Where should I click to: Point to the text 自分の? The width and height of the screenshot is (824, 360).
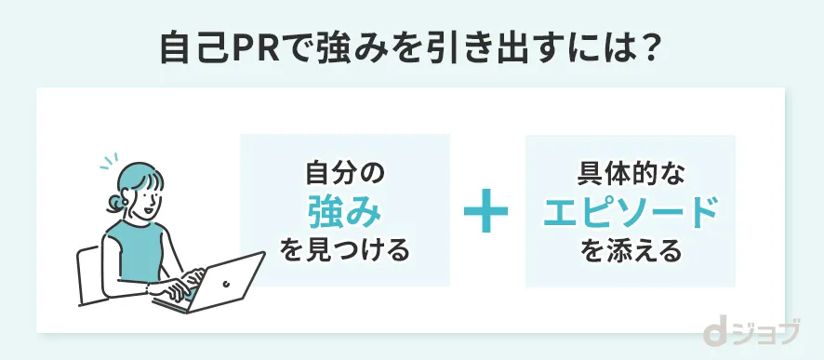coord(345,174)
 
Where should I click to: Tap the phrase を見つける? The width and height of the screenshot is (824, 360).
coord(345,251)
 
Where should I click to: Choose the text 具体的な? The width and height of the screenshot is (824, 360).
coord(631,174)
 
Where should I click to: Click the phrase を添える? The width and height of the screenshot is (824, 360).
coord(631,251)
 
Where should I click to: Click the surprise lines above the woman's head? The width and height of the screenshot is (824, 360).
coord(110,160)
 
